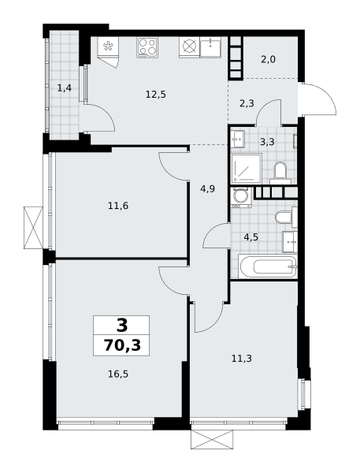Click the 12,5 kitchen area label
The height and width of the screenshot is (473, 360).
pos(156,95)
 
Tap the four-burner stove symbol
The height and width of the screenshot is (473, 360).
pos(147,47)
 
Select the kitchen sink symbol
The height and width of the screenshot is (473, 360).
pos(210,47)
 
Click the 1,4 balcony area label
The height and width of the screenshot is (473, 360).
pos(65,88)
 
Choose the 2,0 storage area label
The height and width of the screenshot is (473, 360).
pos(268,59)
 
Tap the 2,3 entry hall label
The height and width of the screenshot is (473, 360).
pos(247,103)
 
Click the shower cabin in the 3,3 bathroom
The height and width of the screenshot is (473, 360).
pos(247,168)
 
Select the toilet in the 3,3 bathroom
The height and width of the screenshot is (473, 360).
pos(280,173)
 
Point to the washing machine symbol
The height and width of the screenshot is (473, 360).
pos(241,197)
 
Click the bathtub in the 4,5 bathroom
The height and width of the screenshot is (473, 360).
pos(268,266)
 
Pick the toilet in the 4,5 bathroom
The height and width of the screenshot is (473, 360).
pos(286,217)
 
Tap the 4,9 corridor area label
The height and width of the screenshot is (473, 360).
pos(207,189)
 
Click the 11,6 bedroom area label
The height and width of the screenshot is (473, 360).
pos(118,206)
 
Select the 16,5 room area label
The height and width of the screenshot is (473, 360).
pos(118,374)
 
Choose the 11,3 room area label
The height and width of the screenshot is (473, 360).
pos(242,359)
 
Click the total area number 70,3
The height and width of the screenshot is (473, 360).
pos(122,345)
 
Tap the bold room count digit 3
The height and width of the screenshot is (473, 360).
pos(122,325)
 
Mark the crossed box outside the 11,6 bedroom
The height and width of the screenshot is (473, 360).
pos(33,228)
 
